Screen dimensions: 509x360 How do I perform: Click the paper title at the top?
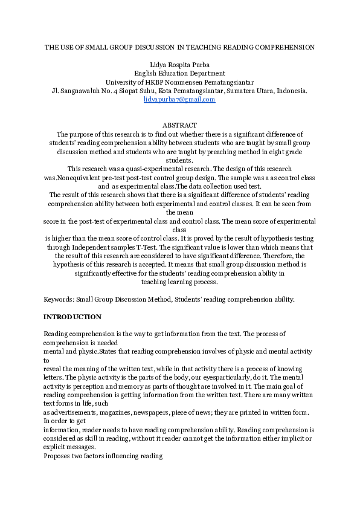(x=179, y=47)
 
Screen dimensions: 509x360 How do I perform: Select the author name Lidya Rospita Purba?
(x=179, y=64)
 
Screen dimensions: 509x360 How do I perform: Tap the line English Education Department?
(x=179, y=73)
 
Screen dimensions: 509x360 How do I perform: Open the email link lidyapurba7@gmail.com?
(x=179, y=100)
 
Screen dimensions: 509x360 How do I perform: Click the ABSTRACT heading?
(x=179, y=125)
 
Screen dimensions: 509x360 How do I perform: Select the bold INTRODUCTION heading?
(x=72, y=317)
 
